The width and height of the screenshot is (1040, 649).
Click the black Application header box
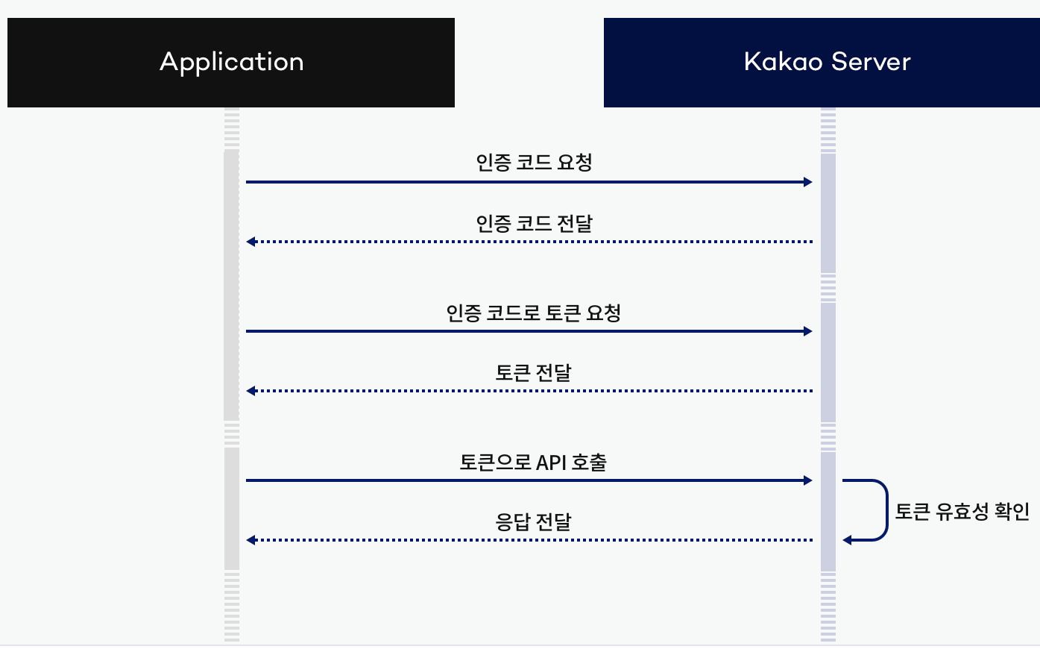pos(231,63)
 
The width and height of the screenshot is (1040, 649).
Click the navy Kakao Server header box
pos(822,63)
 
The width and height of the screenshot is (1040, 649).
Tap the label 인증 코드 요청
pos(534,162)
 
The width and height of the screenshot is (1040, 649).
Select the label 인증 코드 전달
pos(534,222)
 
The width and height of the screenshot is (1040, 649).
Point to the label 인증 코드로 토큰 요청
pos(534,313)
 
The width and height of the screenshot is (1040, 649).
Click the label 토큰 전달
pos(534,372)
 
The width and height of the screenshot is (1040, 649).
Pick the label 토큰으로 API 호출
pos(534,462)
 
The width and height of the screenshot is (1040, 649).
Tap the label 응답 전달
pos(534,521)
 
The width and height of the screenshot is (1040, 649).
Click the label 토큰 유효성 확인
pos(962,511)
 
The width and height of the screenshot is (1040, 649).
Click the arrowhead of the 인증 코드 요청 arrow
pos(808,182)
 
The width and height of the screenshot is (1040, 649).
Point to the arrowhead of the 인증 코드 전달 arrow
pos(251,242)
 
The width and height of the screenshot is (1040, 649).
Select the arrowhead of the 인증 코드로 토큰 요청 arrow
pos(808,331)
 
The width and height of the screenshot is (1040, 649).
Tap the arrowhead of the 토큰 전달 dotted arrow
pos(251,391)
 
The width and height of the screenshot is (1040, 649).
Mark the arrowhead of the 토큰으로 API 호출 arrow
pos(808,480)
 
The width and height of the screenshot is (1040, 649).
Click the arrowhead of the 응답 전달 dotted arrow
pos(251,540)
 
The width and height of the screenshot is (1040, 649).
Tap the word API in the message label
pos(551,463)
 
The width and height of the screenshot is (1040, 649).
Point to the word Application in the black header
pos(231,62)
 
